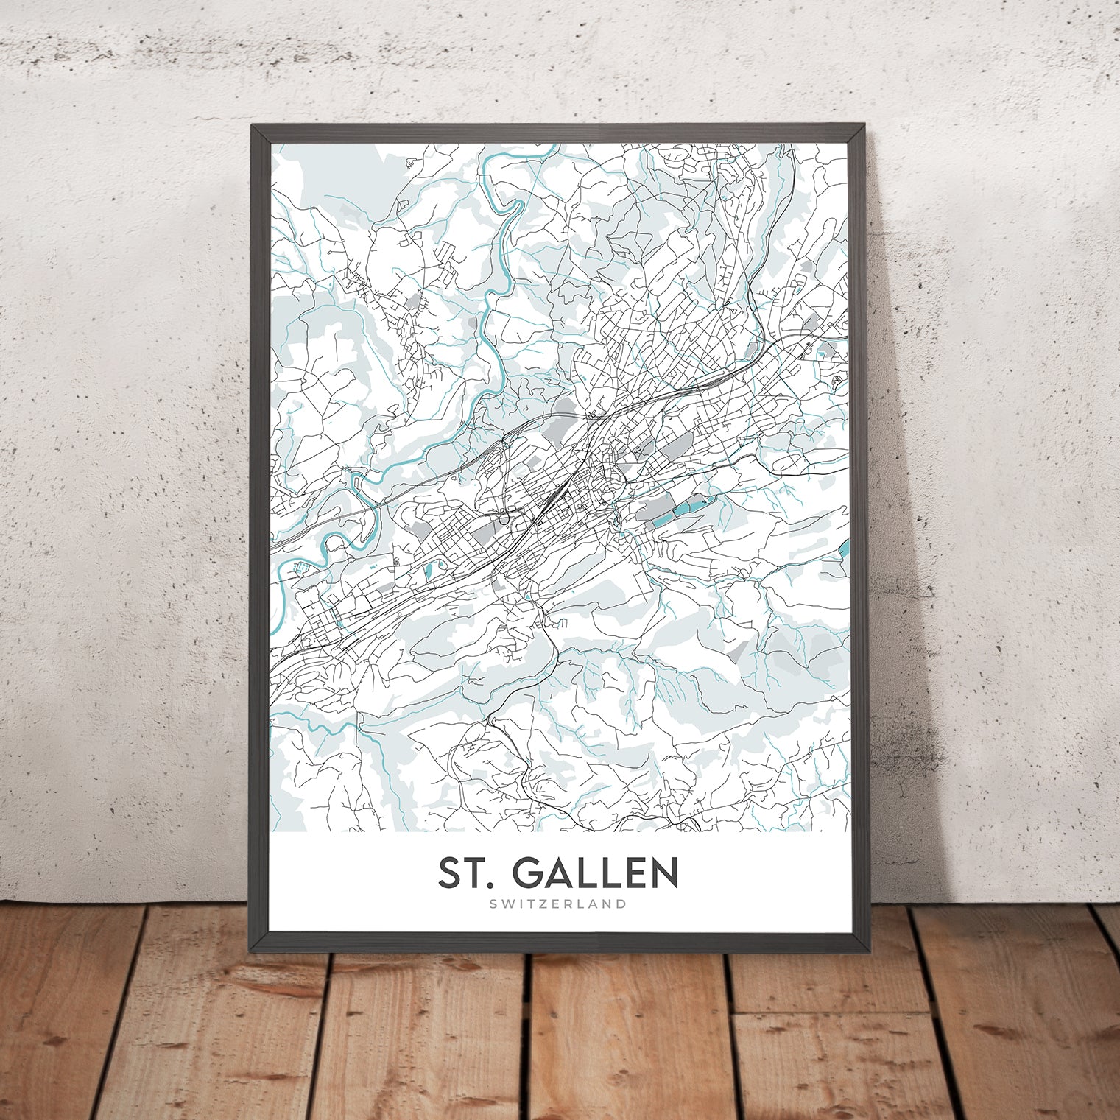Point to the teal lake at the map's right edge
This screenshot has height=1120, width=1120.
844,546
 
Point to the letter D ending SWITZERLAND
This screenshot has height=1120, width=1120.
622,904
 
